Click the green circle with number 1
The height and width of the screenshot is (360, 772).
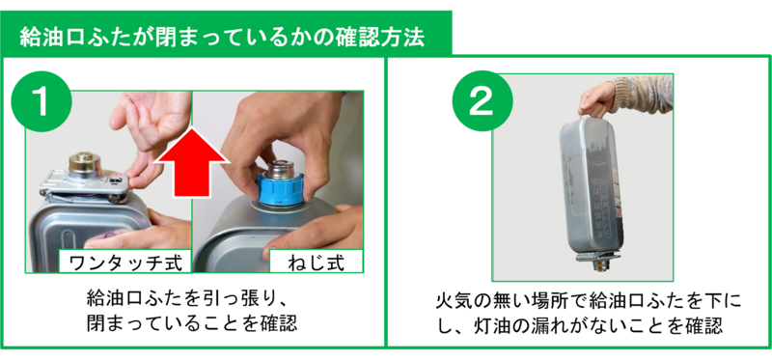[41, 101]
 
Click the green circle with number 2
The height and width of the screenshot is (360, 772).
[482, 101]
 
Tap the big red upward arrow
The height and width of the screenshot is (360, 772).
[191, 163]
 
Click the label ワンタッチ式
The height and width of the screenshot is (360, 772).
[125, 263]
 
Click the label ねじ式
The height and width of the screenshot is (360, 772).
[316, 262]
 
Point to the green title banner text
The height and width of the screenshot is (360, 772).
[222, 38]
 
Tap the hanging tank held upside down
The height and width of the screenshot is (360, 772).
[591, 191]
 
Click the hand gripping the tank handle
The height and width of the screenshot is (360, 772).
[596, 99]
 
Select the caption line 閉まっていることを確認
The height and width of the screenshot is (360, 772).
[191, 323]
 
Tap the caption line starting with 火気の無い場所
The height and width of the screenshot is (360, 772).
[589, 300]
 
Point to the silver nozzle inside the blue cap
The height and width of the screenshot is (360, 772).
[280, 170]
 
